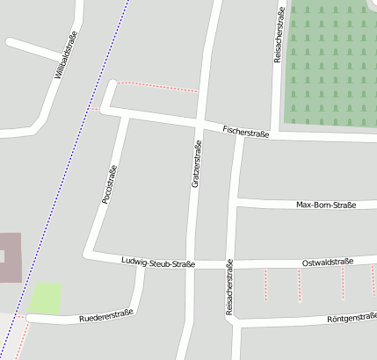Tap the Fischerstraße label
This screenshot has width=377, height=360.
click(245, 131)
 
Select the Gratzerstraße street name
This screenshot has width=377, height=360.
click(197, 164)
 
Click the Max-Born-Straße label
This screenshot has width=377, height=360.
click(326, 205)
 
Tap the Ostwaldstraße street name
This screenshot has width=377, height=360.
click(327, 262)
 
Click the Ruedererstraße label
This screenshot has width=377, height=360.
click(105, 315)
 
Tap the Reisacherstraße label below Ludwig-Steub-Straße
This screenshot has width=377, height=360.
click(229, 287)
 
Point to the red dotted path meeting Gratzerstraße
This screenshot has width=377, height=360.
click(158, 87)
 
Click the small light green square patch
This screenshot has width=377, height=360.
click(46, 298)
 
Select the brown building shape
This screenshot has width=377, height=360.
click(9, 257)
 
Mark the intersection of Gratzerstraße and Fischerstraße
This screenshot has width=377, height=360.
click(201, 123)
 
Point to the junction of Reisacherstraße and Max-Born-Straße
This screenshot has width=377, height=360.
click(236, 202)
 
